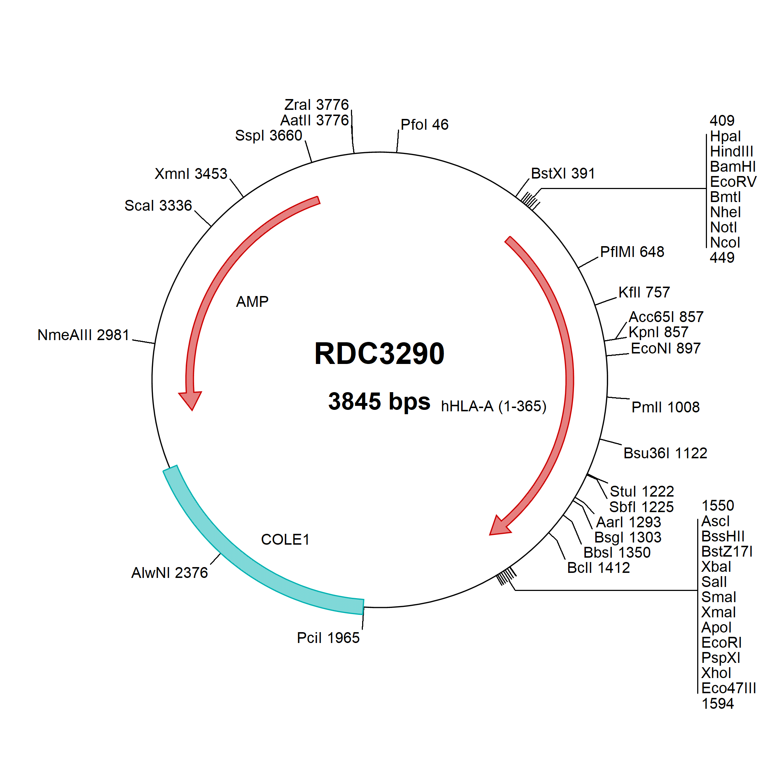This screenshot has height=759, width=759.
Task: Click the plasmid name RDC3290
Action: tap(379, 353)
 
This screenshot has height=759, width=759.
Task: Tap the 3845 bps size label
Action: tap(379, 402)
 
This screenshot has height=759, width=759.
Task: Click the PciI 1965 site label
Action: tap(328, 638)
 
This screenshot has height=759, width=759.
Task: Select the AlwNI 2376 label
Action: tap(169, 573)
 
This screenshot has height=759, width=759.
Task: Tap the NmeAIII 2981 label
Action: tap(83, 335)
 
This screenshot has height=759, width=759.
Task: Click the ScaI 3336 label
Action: tap(158, 205)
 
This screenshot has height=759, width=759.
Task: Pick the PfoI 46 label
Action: tap(424, 125)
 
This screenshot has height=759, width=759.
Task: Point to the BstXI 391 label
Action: tap(563, 173)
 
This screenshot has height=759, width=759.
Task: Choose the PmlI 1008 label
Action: tap(665, 407)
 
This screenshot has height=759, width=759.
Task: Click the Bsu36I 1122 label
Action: tap(665, 453)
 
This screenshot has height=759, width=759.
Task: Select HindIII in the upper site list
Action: tap(732, 151)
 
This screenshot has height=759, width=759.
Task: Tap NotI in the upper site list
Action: tap(723, 227)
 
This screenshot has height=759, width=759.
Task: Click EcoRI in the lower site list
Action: tap(721, 643)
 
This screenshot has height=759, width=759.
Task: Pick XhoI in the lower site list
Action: tap(716, 673)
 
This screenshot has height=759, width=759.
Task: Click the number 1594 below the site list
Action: tap(718, 704)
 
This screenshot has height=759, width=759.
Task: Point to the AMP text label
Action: tap(252, 302)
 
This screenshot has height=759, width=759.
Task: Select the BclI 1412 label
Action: tap(598, 568)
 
